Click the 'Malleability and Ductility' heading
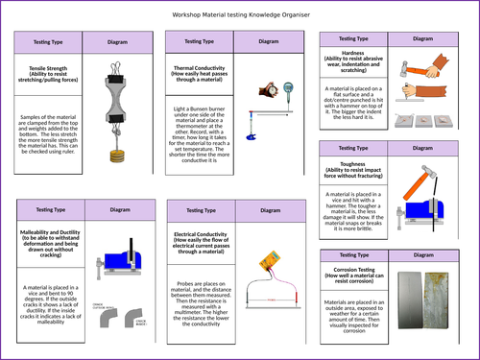click(50, 240)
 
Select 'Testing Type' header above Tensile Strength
click(50, 43)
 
